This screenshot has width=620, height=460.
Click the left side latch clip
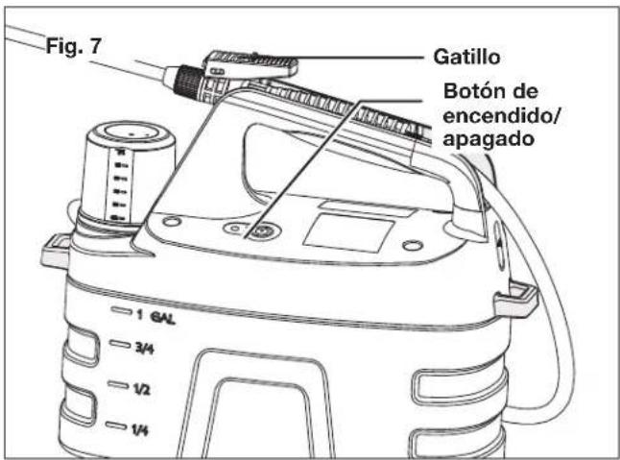pos(58,252)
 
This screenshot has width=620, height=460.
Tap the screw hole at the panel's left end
pos(169,221)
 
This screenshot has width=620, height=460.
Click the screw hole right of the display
pos(412,246)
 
